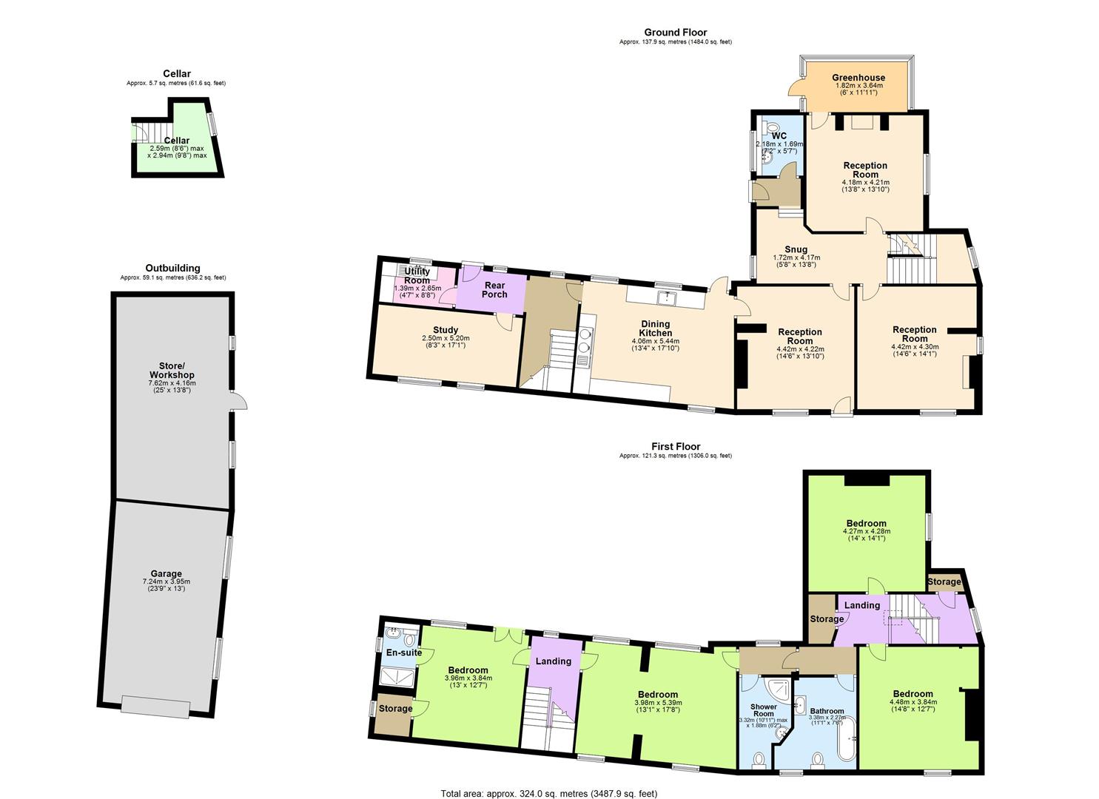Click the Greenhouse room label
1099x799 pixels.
coord(858,78)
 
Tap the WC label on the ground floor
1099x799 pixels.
coord(779,136)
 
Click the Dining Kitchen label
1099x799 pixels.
coord(655,328)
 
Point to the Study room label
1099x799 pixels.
coord(446,330)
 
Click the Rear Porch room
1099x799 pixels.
coord(494,289)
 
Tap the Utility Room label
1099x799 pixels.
coord(417,276)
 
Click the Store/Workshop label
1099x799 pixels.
coord(172,370)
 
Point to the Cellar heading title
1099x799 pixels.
coord(177,74)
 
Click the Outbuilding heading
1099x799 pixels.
coord(172,269)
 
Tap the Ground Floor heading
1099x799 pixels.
coord(675,33)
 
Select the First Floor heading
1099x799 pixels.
coord(675,447)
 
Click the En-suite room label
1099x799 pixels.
coord(404,653)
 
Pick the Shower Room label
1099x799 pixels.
coord(764,710)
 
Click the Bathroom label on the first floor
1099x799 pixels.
coord(826,711)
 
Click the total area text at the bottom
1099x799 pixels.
coord(548,794)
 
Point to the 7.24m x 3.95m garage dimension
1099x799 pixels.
coord(167,581)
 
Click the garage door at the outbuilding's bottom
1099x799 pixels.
coord(155,707)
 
